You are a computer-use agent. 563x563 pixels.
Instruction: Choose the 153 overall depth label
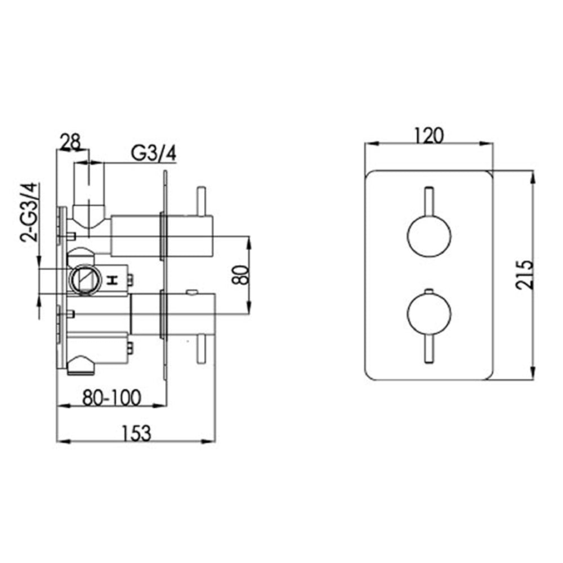[136, 432]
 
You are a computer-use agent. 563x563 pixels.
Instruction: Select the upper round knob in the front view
[428, 238]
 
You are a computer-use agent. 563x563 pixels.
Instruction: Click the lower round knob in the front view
[428, 314]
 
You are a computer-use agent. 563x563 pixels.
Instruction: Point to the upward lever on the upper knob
[428, 200]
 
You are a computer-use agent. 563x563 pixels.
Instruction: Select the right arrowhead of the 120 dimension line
[490, 144]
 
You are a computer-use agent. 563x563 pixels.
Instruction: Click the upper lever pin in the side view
[199, 202]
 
